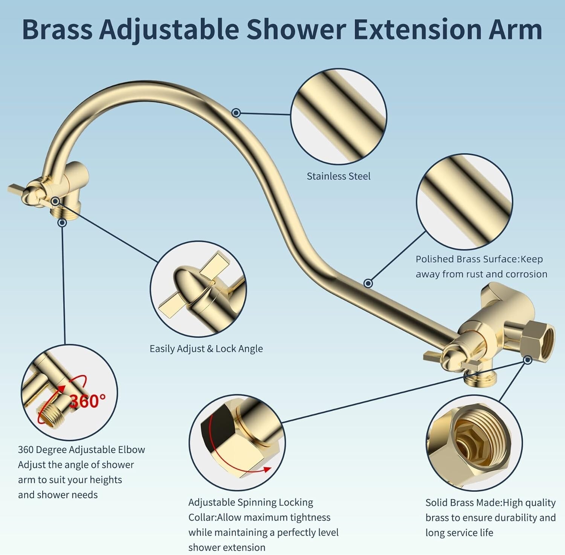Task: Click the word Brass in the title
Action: pyautogui.click(x=57, y=29)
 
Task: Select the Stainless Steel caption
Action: pyautogui.click(x=338, y=176)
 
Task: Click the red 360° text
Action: pyautogui.click(x=88, y=401)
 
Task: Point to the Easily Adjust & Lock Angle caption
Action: pyautogui.click(x=206, y=349)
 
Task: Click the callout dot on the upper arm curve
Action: pyautogui.click(x=236, y=112)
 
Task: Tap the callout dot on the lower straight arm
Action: pyautogui.click(x=368, y=283)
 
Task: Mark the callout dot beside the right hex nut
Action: pyautogui.click(x=528, y=360)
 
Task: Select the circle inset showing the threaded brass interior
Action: pyautogui.click(x=474, y=442)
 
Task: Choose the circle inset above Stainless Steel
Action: pyautogui.click(x=339, y=116)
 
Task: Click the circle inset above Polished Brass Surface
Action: pyautogui.click(x=464, y=202)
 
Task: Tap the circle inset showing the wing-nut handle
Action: pyautogui.click(x=198, y=289)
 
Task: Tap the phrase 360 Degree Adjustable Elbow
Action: pyautogui.click(x=81, y=450)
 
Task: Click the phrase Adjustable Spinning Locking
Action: pyautogui.click(x=250, y=502)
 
